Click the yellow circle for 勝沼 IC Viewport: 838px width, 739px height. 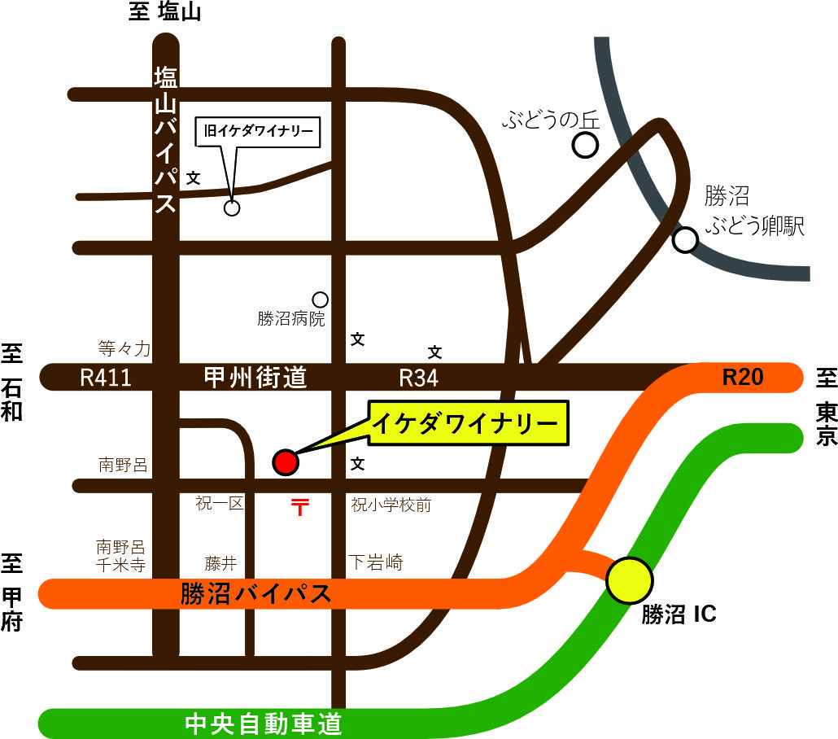[631, 580]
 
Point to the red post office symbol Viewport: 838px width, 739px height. [300, 508]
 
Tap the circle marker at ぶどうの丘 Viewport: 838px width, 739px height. [586, 146]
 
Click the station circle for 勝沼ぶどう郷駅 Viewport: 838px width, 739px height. [686, 239]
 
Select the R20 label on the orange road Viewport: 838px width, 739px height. [744, 377]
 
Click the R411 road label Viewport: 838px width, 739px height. [106, 378]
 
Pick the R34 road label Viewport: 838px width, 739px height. [419, 378]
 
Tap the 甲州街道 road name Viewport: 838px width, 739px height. [255, 378]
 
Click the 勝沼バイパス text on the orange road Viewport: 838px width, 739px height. [256, 594]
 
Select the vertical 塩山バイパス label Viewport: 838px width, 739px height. [166, 140]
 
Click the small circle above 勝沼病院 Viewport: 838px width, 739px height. [321, 300]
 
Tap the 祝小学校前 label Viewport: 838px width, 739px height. [391, 505]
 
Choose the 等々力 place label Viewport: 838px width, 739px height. [124, 349]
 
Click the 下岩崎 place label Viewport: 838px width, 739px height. [376, 562]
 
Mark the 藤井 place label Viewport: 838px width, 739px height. [220, 562]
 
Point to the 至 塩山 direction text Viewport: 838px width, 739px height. [165, 13]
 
